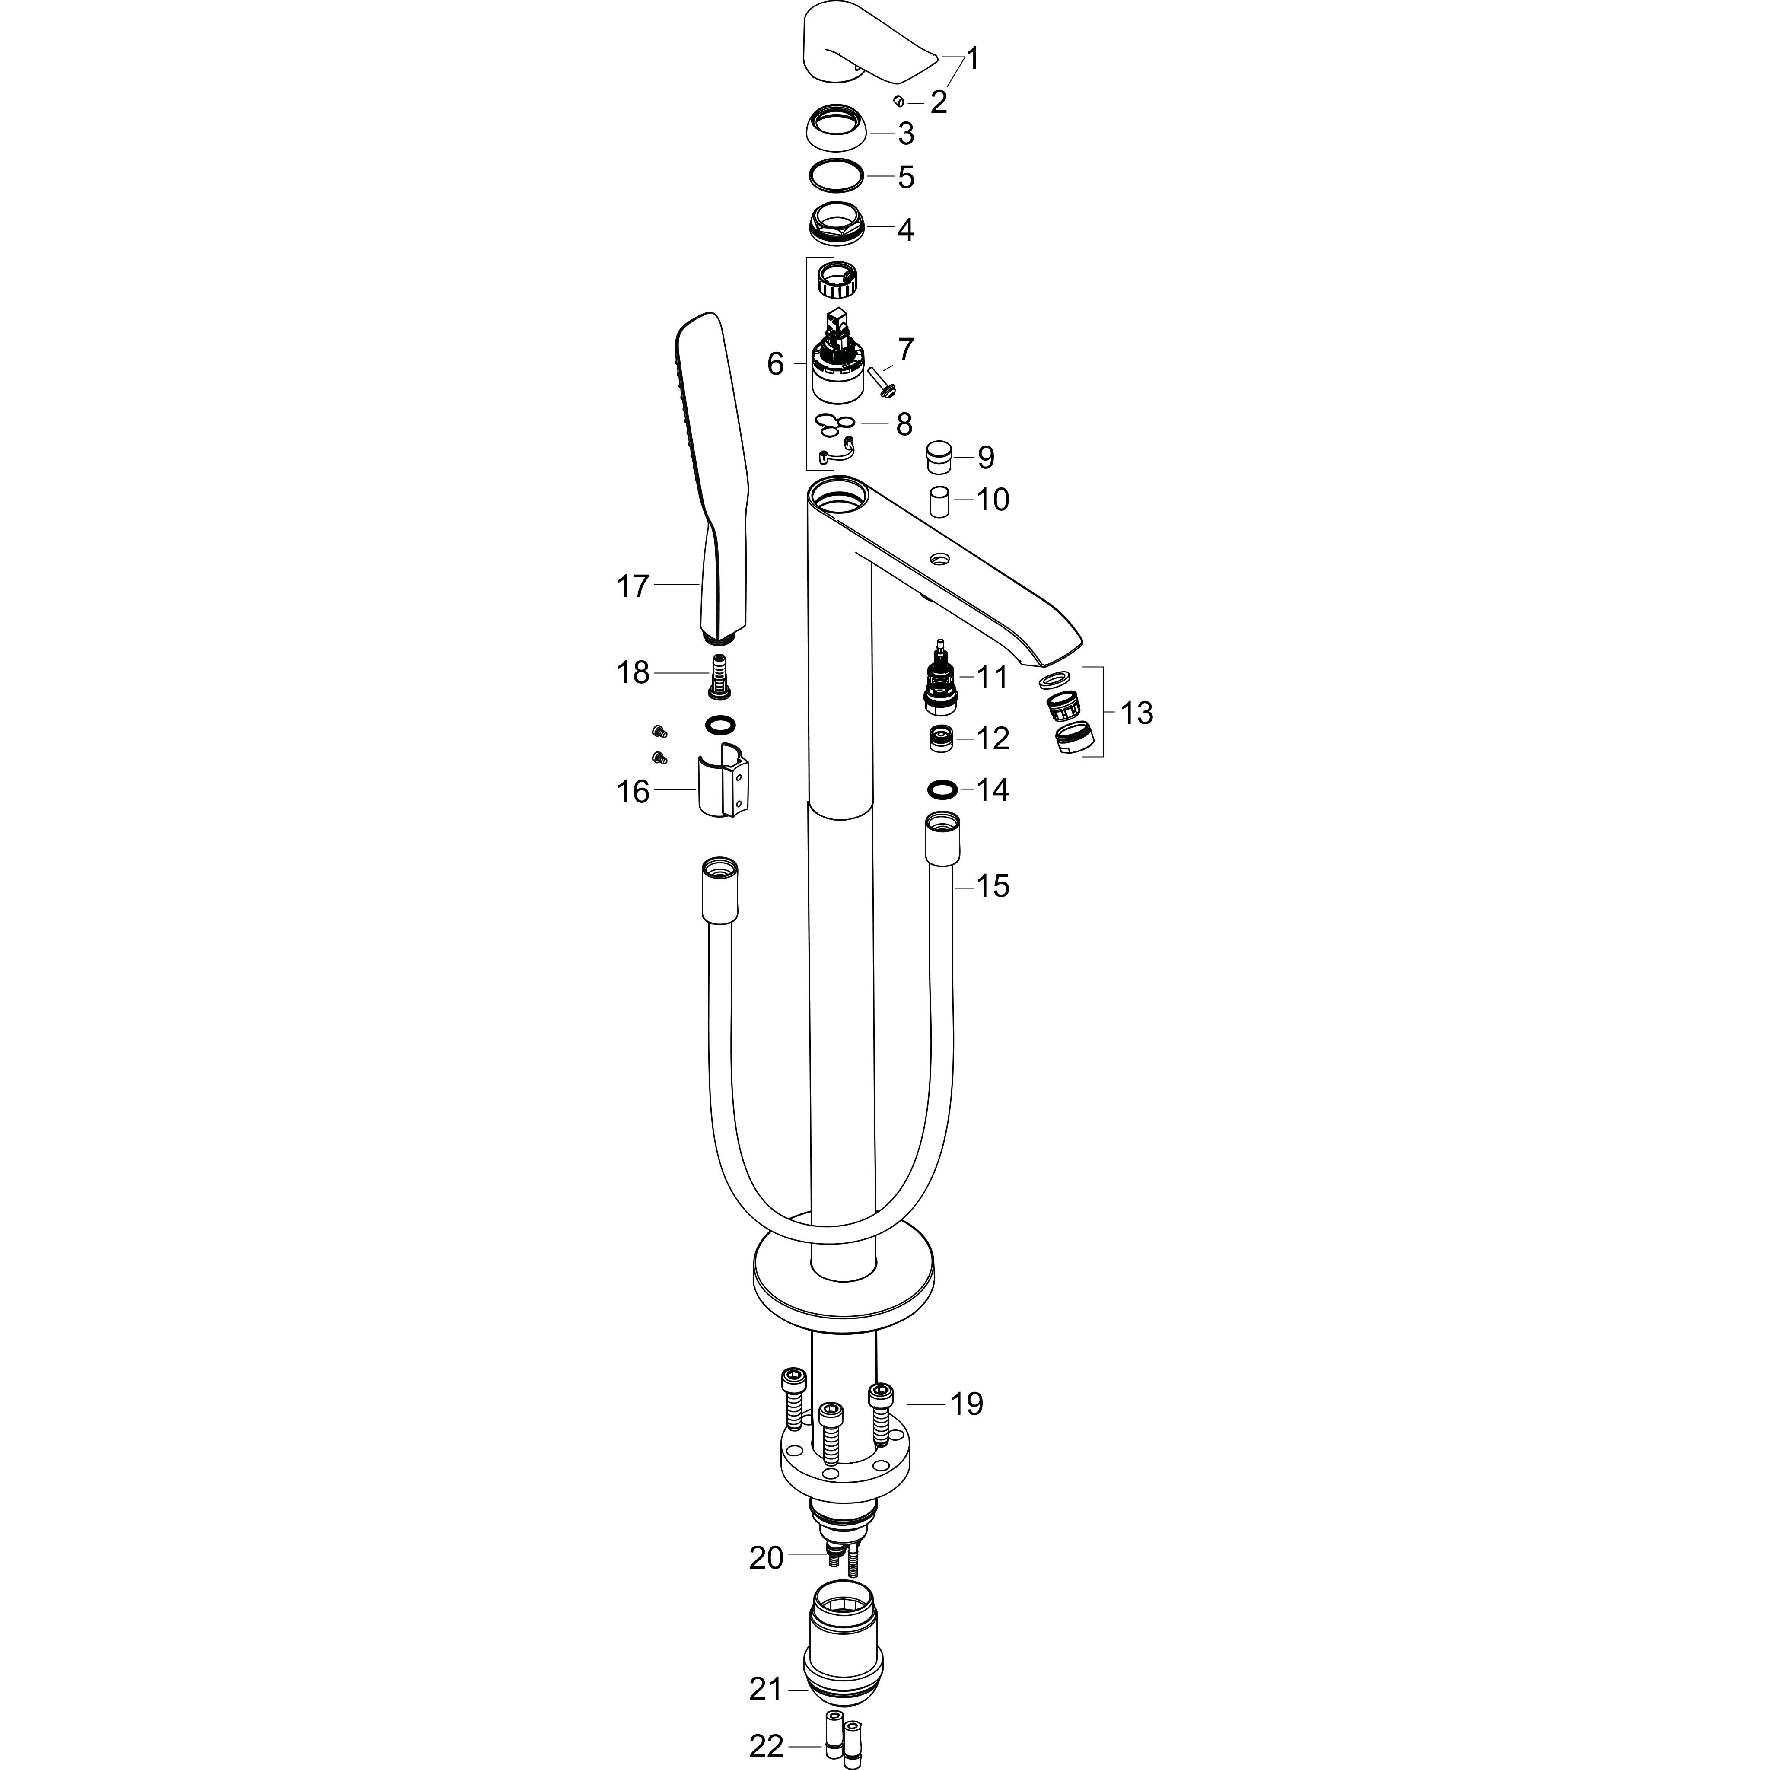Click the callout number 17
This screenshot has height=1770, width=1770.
pyautogui.click(x=632, y=586)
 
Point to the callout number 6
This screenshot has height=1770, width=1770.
pyautogui.click(x=775, y=365)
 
